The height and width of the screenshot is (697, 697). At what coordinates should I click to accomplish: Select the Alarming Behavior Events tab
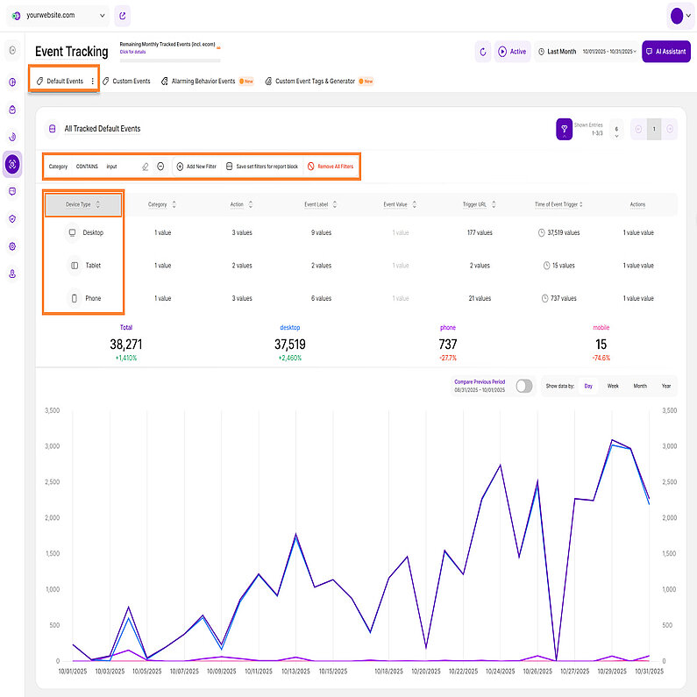(197, 82)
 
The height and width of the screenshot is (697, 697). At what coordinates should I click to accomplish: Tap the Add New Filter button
(196, 166)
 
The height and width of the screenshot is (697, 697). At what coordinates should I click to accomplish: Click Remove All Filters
(331, 166)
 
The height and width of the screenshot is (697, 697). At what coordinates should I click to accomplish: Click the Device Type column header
(84, 204)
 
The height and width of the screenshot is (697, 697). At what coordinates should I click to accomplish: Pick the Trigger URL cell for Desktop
(479, 232)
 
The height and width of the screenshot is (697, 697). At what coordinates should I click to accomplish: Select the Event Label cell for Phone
(321, 298)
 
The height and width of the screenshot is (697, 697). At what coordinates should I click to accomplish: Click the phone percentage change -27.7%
(448, 359)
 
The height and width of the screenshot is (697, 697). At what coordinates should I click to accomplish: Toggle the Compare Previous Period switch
(524, 386)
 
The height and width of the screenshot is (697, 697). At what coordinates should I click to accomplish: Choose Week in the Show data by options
(613, 386)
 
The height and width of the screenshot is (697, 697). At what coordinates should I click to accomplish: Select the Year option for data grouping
(666, 386)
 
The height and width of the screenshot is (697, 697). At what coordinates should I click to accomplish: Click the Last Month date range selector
(562, 52)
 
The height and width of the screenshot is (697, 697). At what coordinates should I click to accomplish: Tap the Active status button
(513, 52)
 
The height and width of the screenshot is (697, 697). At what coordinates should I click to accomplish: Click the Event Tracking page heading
(72, 52)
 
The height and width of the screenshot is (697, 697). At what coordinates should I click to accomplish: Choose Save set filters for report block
(261, 166)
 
